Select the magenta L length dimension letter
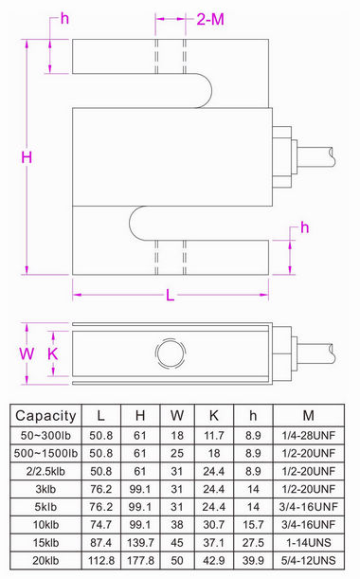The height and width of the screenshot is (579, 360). point(170,295)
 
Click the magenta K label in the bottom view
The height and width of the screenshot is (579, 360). point(53,353)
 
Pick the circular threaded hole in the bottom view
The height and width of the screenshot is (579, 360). point(171,353)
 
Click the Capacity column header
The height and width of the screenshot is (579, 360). point(44,414)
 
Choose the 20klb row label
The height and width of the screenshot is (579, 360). point(44,559)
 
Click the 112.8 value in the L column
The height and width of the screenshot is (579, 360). point(100,559)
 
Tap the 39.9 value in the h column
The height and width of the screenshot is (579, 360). point(253,559)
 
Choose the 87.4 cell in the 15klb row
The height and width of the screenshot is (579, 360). point(100,541)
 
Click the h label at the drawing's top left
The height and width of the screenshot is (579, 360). point(63,19)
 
